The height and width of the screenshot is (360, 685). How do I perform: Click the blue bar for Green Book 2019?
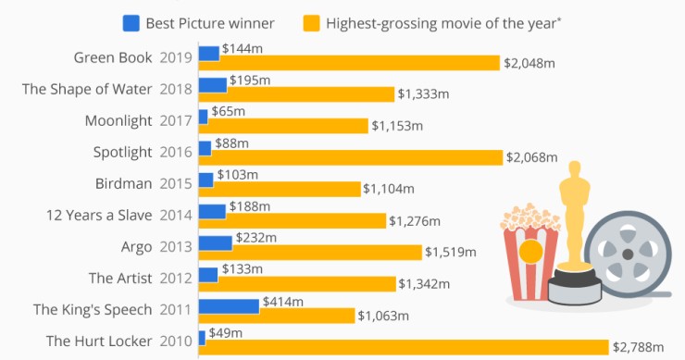coord(209,54)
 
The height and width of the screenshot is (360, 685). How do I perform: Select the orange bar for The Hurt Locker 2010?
coord(404,347)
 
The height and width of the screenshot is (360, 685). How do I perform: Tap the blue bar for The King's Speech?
coord(229,306)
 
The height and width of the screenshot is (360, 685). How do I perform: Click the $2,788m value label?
coord(640,347)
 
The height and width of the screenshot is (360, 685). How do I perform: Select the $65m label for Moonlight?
coord(228,111)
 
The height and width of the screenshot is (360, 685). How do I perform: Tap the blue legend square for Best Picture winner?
coord(131,21)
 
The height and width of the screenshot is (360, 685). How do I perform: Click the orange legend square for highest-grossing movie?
coord(310,21)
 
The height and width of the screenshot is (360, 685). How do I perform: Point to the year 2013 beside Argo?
coord(176,246)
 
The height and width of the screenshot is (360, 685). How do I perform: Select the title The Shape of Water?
coord(86,89)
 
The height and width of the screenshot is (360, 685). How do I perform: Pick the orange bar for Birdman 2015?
coord(279,190)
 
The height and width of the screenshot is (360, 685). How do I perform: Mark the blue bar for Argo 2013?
coord(215,242)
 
